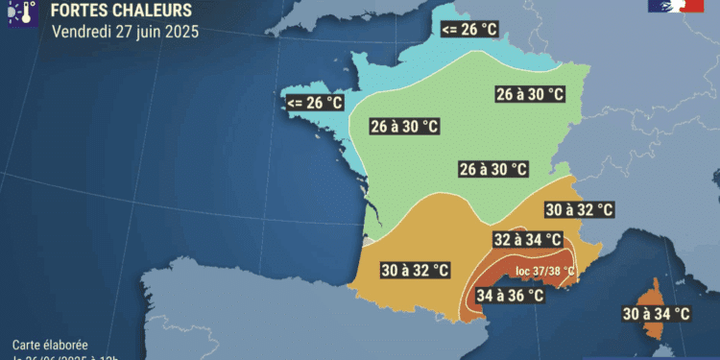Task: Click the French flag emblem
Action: click(676, 6)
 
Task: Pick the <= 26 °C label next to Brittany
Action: click(314, 103)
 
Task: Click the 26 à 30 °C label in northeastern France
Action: click(530, 94)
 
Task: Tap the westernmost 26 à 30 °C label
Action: click(404, 127)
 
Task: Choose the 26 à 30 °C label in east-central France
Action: click(493, 169)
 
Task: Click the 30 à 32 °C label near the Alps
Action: click(579, 209)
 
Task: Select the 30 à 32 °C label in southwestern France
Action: click(415, 271)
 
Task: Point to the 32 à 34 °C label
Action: click(526, 240)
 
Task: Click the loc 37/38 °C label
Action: click(544, 271)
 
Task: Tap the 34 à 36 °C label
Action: click(510, 296)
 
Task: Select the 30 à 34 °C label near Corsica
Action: click(656, 313)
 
